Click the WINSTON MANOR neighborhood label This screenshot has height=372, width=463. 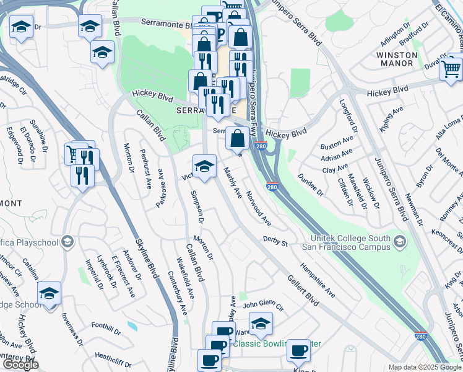click(x=404, y=59)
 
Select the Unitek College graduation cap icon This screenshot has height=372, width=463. click(x=400, y=241)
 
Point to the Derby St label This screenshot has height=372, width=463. click(x=276, y=241)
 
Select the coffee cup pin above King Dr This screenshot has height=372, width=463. click(x=298, y=351)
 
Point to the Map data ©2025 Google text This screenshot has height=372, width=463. click(x=425, y=367)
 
